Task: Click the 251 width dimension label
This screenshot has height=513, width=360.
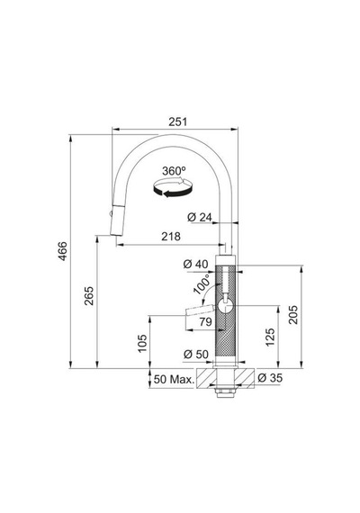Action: [x=177, y=121]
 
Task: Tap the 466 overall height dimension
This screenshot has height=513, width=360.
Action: [x=62, y=251]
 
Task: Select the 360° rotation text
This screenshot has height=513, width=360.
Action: [x=174, y=171]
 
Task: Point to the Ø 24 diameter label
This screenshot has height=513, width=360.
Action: [x=200, y=217]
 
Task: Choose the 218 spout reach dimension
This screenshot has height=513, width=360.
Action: [x=171, y=236]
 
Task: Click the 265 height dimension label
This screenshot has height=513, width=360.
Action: [x=89, y=296]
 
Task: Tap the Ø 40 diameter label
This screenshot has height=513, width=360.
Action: [x=195, y=264]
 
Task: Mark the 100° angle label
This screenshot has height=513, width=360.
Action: [x=202, y=284]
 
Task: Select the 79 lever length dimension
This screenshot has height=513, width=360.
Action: [x=205, y=321]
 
